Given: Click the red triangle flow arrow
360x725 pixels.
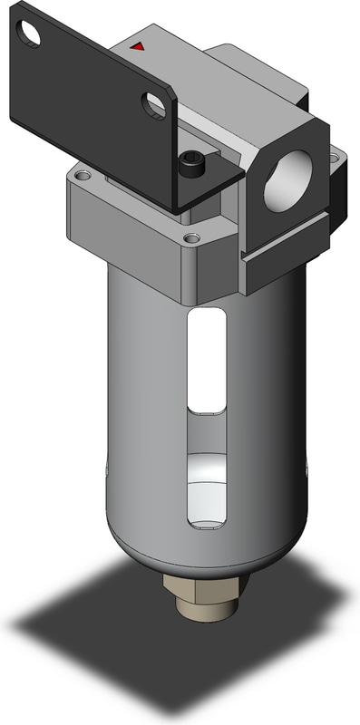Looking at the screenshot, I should click(137, 44).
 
